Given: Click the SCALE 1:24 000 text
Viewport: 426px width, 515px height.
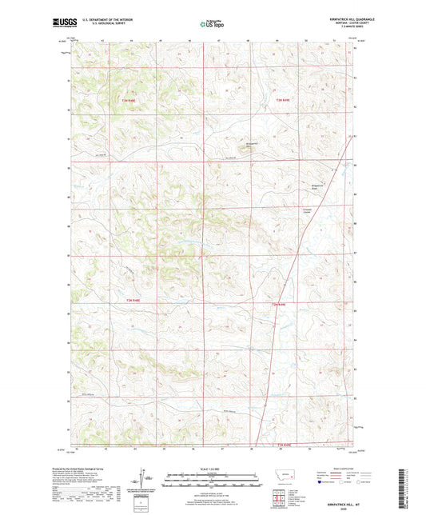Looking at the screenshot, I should (x=212, y=469).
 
